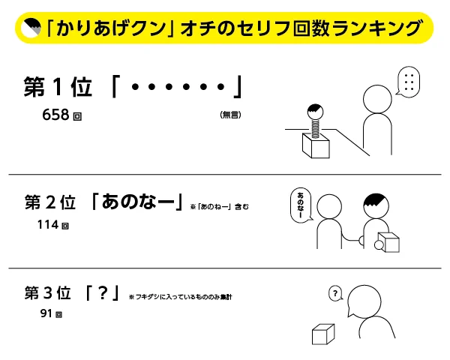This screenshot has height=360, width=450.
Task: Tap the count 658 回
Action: click(x=62, y=115)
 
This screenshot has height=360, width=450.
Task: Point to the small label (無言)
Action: click(x=230, y=115)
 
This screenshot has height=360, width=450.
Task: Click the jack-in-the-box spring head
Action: click(x=313, y=114)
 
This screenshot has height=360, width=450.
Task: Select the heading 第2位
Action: click(x=50, y=203)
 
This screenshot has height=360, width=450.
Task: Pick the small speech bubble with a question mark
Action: click(x=335, y=293)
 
